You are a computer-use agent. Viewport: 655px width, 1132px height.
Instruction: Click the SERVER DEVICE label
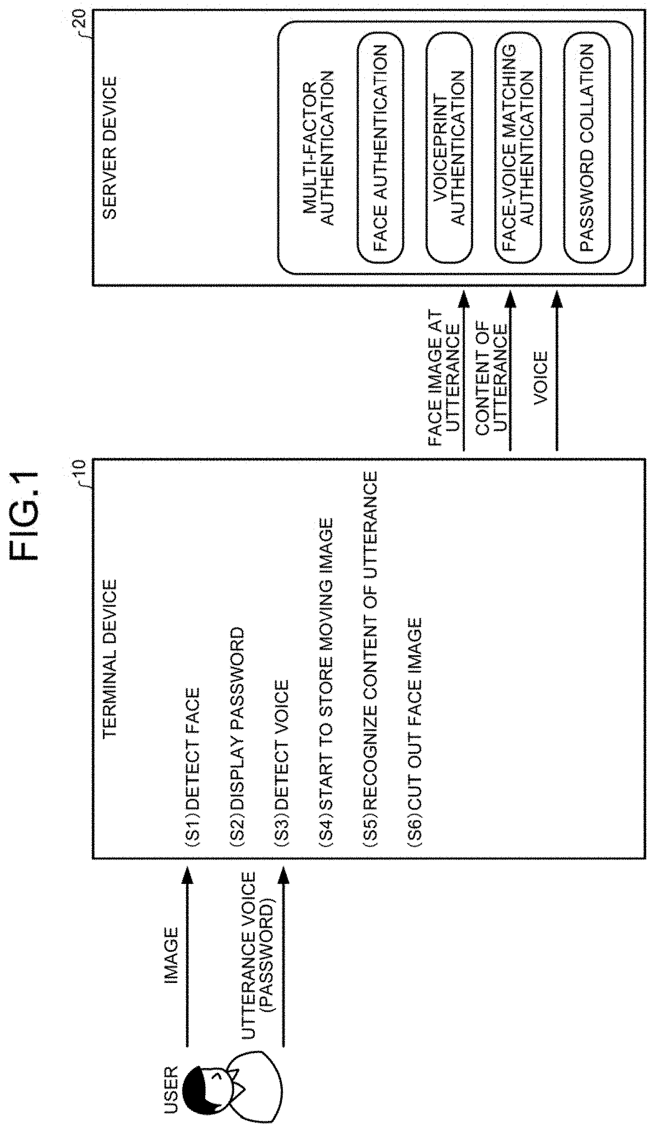coord(109,148)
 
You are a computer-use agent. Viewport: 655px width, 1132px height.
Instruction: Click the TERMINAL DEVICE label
coord(109,659)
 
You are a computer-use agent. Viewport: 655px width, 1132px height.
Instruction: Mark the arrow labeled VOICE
coord(557,371)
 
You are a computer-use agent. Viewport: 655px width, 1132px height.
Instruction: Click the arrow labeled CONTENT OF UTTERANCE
coord(511,371)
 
